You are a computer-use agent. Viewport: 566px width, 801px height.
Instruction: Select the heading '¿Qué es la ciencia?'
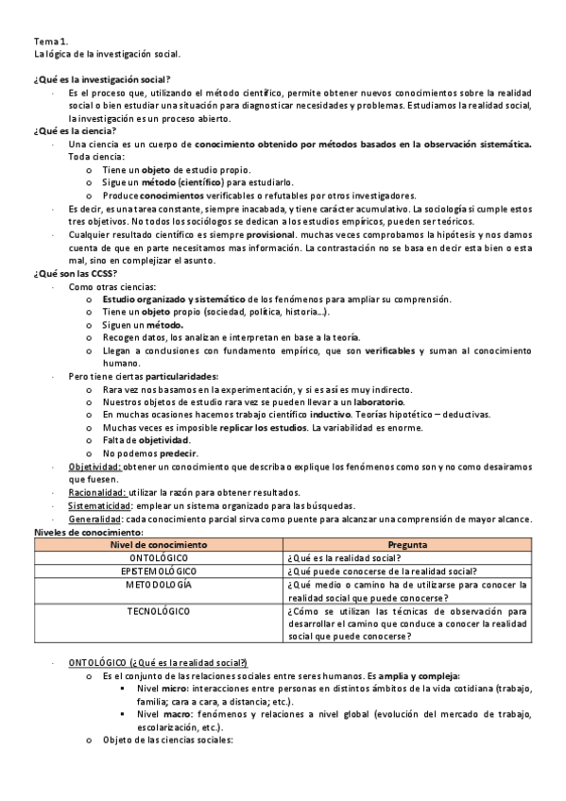(x=75, y=131)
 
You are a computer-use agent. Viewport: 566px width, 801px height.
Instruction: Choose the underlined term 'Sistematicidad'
(x=99, y=504)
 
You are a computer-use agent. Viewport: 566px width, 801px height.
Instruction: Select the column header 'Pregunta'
(x=407, y=545)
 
